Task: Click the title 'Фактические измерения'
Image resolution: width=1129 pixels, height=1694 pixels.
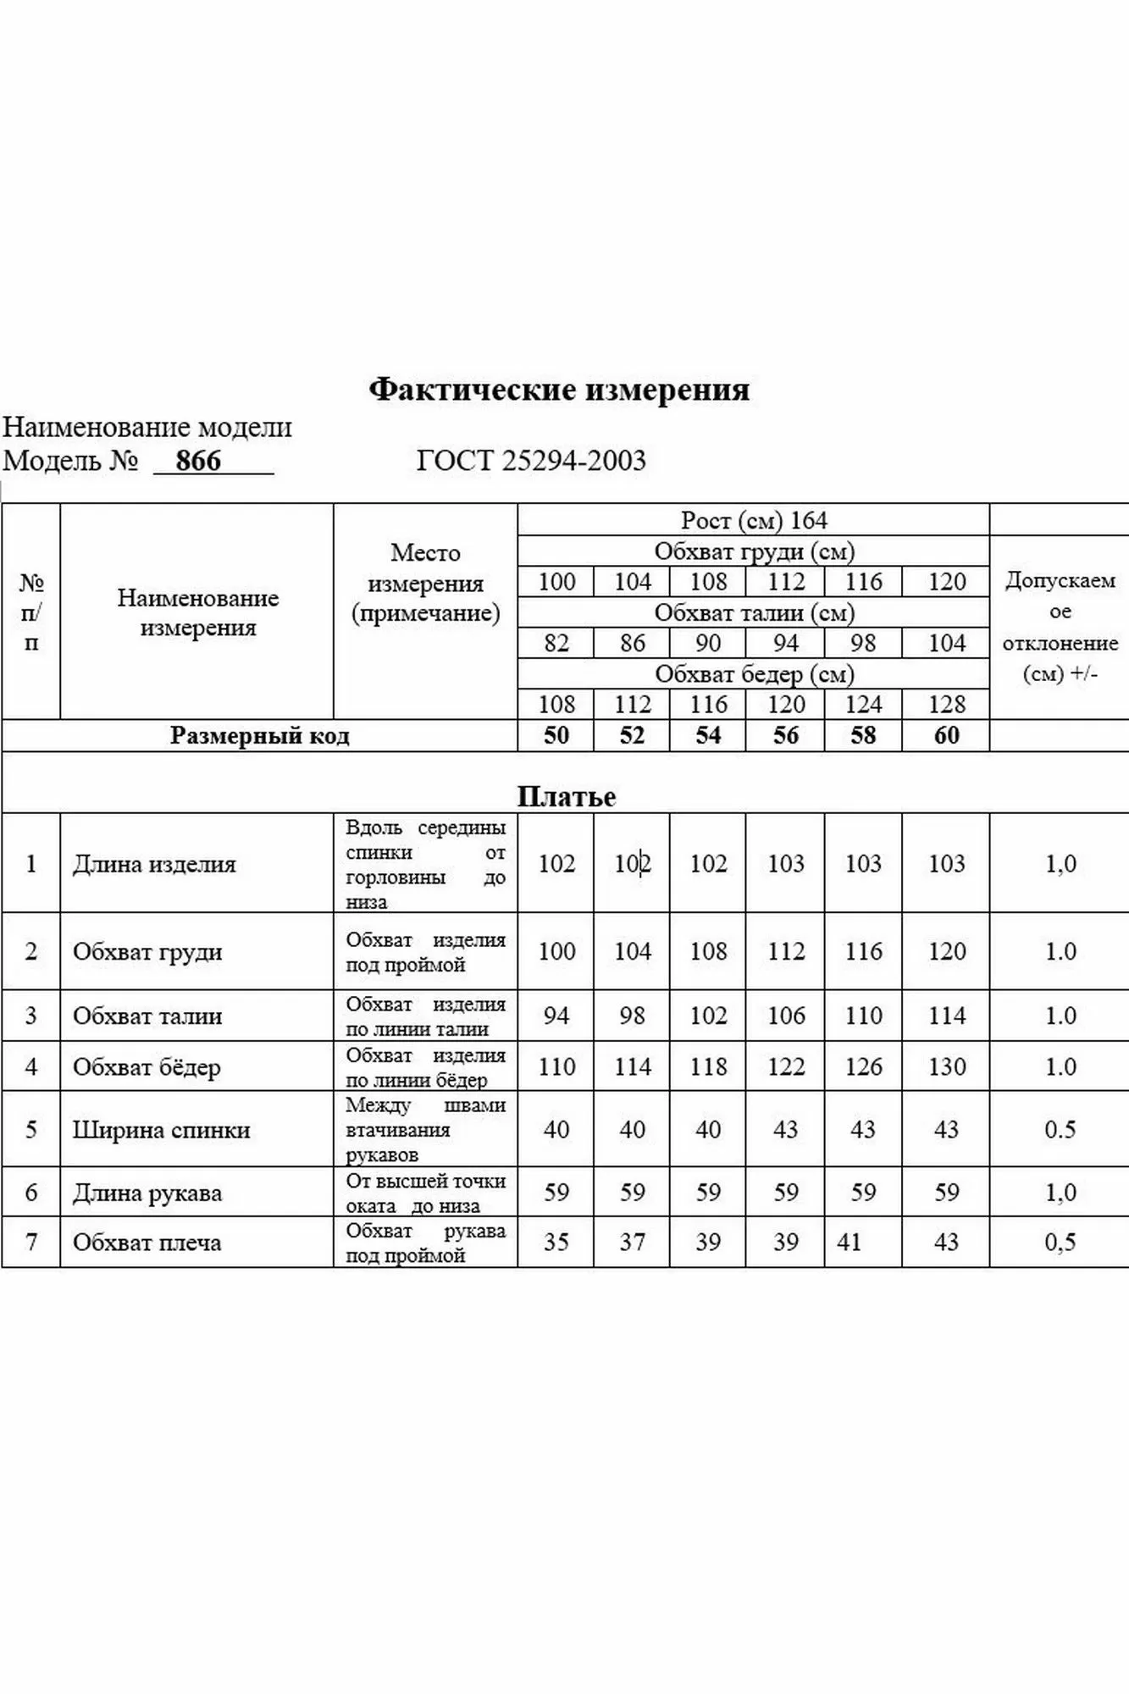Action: coord(559,390)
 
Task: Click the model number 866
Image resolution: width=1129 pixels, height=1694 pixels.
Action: coord(198,461)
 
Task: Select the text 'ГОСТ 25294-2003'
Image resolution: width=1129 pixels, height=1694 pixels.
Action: coord(531,461)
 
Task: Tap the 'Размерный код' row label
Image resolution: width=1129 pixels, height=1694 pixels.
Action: coord(259,735)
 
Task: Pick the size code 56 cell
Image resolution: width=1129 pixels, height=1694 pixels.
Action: coord(785,735)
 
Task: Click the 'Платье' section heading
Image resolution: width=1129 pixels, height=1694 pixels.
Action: coord(566,796)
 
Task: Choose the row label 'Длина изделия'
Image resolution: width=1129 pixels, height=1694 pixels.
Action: coord(154,864)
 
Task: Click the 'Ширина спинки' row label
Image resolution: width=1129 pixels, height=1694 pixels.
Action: coord(161,1130)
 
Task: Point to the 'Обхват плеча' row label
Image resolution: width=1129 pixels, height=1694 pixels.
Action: coord(147,1243)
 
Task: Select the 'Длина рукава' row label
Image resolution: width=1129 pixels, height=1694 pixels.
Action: coord(147,1193)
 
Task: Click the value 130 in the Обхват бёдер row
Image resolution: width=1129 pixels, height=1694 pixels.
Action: coord(946,1066)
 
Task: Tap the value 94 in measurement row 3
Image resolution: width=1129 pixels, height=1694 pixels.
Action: coord(556,1016)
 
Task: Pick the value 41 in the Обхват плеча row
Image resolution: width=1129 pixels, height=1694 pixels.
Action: coord(849,1243)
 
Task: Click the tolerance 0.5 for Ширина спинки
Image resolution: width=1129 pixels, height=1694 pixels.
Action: coord(1060,1130)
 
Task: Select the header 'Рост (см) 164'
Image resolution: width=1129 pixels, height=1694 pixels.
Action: coord(754,520)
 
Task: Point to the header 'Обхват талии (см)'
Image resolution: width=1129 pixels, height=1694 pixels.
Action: coord(754,612)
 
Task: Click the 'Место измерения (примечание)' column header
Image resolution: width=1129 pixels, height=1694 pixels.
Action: coord(425,583)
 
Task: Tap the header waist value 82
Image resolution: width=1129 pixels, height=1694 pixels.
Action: coord(556,644)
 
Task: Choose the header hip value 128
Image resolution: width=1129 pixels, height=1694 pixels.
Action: coord(946,705)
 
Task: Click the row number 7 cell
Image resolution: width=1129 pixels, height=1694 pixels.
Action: coord(31,1243)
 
